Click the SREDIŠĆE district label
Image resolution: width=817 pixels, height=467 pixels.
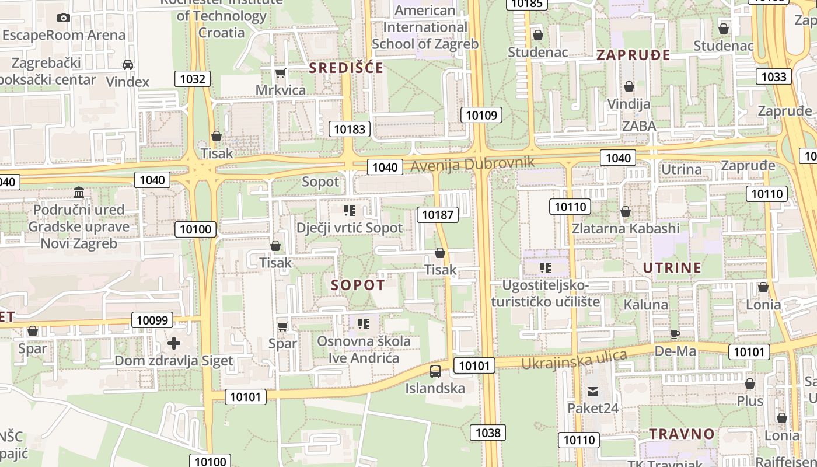(x=346, y=68)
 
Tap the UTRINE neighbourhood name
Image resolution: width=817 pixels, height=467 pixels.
(x=672, y=268)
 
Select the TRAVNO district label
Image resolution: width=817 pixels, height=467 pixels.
(x=682, y=434)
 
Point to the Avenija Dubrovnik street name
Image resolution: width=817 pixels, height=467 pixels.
(x=473, y=164)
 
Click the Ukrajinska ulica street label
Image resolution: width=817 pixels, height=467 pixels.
(x=574, y=359)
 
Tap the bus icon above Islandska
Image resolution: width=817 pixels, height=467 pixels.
(x=435, y=371)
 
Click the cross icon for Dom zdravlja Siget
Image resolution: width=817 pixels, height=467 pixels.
(x=173, y=343)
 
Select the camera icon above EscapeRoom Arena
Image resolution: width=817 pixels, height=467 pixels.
(x=64, y=18)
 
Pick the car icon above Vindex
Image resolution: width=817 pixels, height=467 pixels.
(x=128, y=64)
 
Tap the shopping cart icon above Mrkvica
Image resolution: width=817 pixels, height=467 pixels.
(x=280, y=73)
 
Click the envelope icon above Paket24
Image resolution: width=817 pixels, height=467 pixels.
(x=593, y=391)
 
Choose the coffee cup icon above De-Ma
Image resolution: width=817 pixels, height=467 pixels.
(x=675, y=334)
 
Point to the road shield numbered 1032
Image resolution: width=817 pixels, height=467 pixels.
(x=193, y=79)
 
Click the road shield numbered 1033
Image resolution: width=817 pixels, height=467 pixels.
(x=774, y=76)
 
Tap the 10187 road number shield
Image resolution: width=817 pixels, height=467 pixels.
(x=438, y=214)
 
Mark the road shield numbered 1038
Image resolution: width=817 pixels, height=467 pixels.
(x=488, y=433)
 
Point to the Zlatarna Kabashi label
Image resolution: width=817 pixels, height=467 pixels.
(x=626, y=228)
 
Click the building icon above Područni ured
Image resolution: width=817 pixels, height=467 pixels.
(x=79, y=193)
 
